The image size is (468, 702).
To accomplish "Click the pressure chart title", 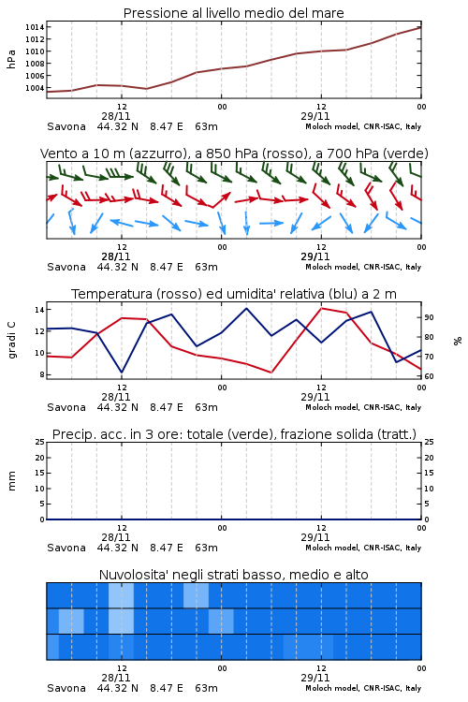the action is tap(233, 13).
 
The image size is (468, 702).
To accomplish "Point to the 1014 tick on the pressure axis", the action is tap(35, 27).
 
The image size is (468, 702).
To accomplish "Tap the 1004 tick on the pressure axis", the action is tap(35, 88).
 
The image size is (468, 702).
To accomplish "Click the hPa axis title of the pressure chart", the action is tap(11, 59).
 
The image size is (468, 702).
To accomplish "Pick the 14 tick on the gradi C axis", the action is tap(39, 310).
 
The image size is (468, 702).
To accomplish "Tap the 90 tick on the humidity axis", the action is tap(429, 317).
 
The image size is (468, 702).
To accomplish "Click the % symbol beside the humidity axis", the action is tap(458, 341).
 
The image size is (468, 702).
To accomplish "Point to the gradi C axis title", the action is tap(11, 341).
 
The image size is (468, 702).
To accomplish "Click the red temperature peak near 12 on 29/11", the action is tap(322, 308).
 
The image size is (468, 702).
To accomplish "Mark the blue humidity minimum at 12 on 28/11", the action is tap(122, 372).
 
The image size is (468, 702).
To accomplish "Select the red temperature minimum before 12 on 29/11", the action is tap(271, 372).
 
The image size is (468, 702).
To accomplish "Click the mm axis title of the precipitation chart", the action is tap(11, 480).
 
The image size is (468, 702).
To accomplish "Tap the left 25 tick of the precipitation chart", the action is tap(39, 442).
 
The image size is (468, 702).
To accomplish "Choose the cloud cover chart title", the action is tap(233, 575).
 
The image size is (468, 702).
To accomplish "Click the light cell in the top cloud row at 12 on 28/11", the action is tap(122, 595).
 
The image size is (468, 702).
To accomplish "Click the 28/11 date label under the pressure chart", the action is tap(116, 116).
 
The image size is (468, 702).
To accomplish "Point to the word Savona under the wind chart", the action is tap(66, 267).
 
